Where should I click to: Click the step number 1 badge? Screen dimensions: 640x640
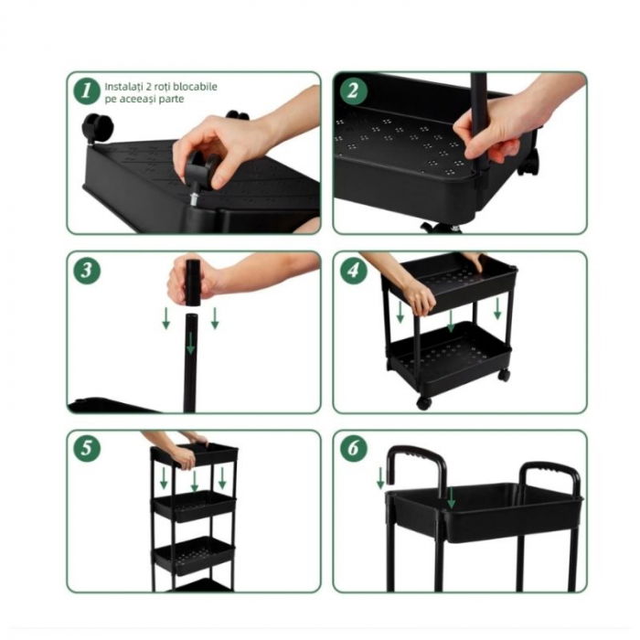[x=87, y=91]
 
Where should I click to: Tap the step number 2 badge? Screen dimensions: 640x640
[x=353, y=91]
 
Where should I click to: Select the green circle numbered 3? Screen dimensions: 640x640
[x=87, y=271]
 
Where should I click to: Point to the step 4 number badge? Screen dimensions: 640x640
[x=353, y=271]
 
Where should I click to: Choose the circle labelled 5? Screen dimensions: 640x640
[x=87, y=449]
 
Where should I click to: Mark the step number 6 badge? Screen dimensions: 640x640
[x=353, y=449]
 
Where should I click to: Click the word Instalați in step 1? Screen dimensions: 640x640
[x=124, y=87]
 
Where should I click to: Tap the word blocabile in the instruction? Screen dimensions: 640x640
[x=197, y=87]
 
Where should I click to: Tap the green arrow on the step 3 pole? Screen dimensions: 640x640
[x=190, y=344]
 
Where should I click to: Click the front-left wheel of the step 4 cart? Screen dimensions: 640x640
[x=423, y=401]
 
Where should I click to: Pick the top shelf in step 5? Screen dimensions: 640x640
[x=195, y=453]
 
